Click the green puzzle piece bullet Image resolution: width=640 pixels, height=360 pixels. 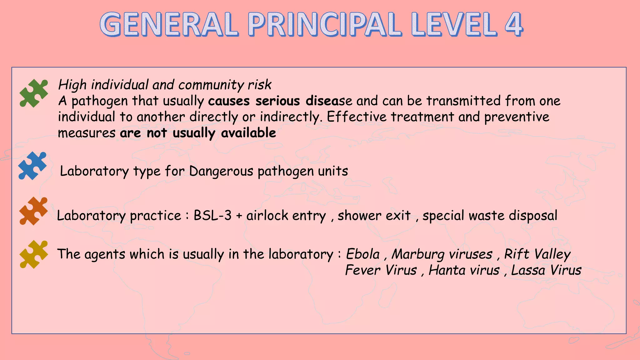34,93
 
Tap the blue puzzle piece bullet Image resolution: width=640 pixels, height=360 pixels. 32,166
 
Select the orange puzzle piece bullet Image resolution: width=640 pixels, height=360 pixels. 33,211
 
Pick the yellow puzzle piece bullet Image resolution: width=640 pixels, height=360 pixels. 34,254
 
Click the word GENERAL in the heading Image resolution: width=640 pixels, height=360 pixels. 169,24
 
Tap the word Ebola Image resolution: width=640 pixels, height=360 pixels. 363,254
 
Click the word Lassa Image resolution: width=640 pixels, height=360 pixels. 528,270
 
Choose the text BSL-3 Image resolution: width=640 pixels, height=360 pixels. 212,216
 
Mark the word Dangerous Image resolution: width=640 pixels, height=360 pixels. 221,171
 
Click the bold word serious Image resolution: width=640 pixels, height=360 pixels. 277,101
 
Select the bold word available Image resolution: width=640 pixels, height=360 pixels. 248,133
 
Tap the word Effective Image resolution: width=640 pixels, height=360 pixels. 357,117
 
